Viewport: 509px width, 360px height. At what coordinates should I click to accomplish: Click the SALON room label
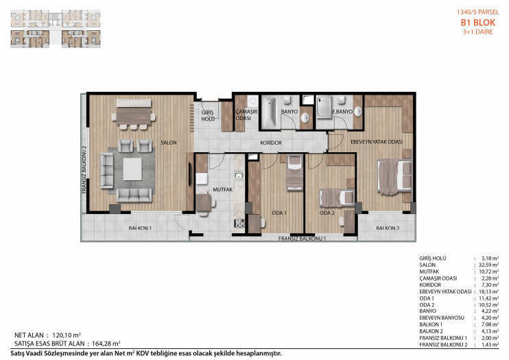click(169, 143)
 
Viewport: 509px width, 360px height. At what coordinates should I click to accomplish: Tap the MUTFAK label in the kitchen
click(223, 189)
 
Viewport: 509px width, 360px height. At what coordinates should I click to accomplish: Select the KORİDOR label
click(271, 143)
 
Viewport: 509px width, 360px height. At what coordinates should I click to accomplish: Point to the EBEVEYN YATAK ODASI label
click(377, 142)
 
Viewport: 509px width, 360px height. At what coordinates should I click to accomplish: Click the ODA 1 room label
click(279, 213)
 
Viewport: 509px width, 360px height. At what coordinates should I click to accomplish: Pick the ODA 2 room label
click(327, 213)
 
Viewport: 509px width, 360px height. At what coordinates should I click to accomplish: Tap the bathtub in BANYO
click(269, 112)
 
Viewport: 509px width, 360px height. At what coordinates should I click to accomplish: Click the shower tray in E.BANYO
click(324, 107)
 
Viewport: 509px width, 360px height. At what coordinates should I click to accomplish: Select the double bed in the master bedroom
click(394, 176)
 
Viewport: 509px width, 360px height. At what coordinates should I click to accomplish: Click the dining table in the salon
click(133, 116)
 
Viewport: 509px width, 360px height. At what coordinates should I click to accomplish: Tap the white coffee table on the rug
click(132, 169)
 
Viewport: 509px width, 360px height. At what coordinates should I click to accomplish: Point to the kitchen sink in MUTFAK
click(239, 176)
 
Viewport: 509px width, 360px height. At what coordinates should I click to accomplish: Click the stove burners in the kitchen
click(239, 223)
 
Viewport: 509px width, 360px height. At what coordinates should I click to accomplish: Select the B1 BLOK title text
click(478, 23)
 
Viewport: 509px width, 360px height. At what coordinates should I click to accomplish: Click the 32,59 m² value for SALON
click(489, 265)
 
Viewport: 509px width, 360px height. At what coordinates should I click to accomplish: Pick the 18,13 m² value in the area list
click(489, 291)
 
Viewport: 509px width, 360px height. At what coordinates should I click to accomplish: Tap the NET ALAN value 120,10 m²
click(67, 335)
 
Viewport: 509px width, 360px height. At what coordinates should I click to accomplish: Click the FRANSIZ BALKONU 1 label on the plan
click(302, 239)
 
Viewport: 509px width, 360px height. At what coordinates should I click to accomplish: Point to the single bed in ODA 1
click(295, 173)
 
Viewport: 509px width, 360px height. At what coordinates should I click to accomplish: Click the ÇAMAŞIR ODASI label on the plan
click(246, 115)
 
